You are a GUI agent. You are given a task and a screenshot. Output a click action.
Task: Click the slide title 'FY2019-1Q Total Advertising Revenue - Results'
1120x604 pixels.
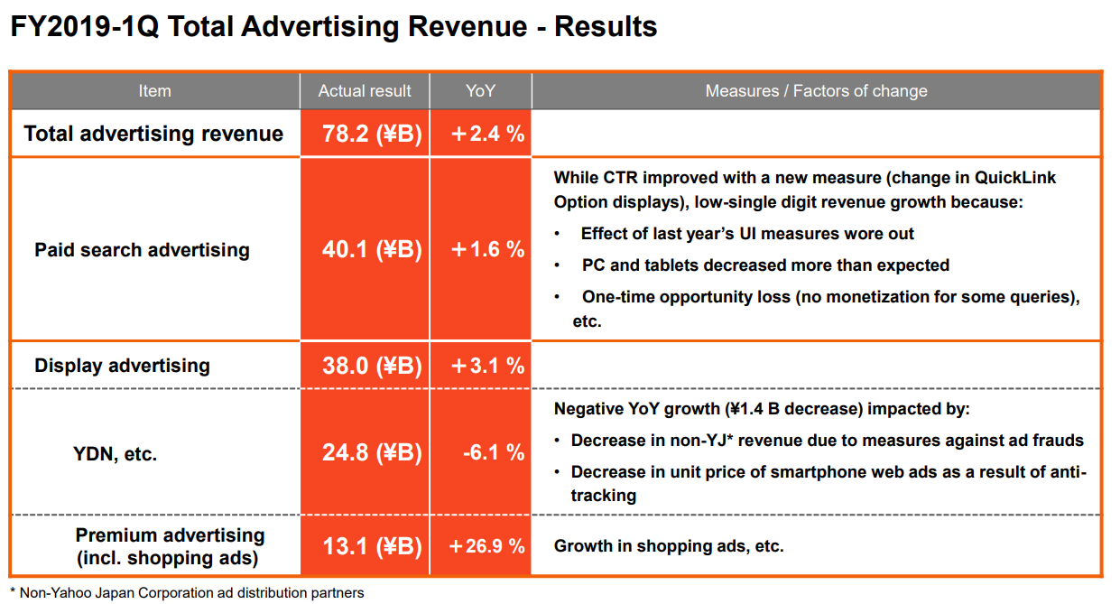333,26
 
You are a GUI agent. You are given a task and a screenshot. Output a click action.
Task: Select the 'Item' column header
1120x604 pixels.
154,90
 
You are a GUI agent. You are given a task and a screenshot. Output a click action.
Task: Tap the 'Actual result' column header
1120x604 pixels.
365,90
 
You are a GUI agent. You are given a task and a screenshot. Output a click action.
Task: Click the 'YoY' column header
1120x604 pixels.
480,90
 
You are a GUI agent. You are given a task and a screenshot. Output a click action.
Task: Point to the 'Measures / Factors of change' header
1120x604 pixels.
816,90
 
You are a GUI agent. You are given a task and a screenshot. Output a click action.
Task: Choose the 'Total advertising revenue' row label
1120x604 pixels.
153,134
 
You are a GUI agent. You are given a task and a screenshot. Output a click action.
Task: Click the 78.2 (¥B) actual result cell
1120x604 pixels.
372,135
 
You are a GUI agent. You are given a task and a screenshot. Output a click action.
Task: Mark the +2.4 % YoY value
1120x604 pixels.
487,135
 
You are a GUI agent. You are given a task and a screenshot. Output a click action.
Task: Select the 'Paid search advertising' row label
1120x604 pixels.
142,250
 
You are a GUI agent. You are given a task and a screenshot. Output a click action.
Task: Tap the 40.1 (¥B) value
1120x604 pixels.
372,250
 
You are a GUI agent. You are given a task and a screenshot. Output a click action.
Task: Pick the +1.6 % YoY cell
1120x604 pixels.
487,250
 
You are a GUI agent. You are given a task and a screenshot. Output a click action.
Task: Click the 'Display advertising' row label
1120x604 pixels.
122,366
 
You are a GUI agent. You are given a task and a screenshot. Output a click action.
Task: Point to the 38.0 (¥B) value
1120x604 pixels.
372,366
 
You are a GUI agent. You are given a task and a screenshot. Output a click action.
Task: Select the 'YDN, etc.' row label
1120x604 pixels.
115,454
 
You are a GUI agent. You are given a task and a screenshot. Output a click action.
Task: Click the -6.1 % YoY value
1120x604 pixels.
493,452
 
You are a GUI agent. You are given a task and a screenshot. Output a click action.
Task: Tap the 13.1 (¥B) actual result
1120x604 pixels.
372,546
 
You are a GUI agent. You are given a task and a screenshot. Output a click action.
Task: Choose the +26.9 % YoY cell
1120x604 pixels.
486,546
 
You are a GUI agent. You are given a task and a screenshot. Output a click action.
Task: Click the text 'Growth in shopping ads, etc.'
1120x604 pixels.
669,546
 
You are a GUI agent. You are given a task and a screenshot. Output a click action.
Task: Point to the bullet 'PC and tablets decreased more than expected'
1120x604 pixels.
765,265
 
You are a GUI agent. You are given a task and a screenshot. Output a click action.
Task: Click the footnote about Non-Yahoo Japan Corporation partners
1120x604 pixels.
187,593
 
